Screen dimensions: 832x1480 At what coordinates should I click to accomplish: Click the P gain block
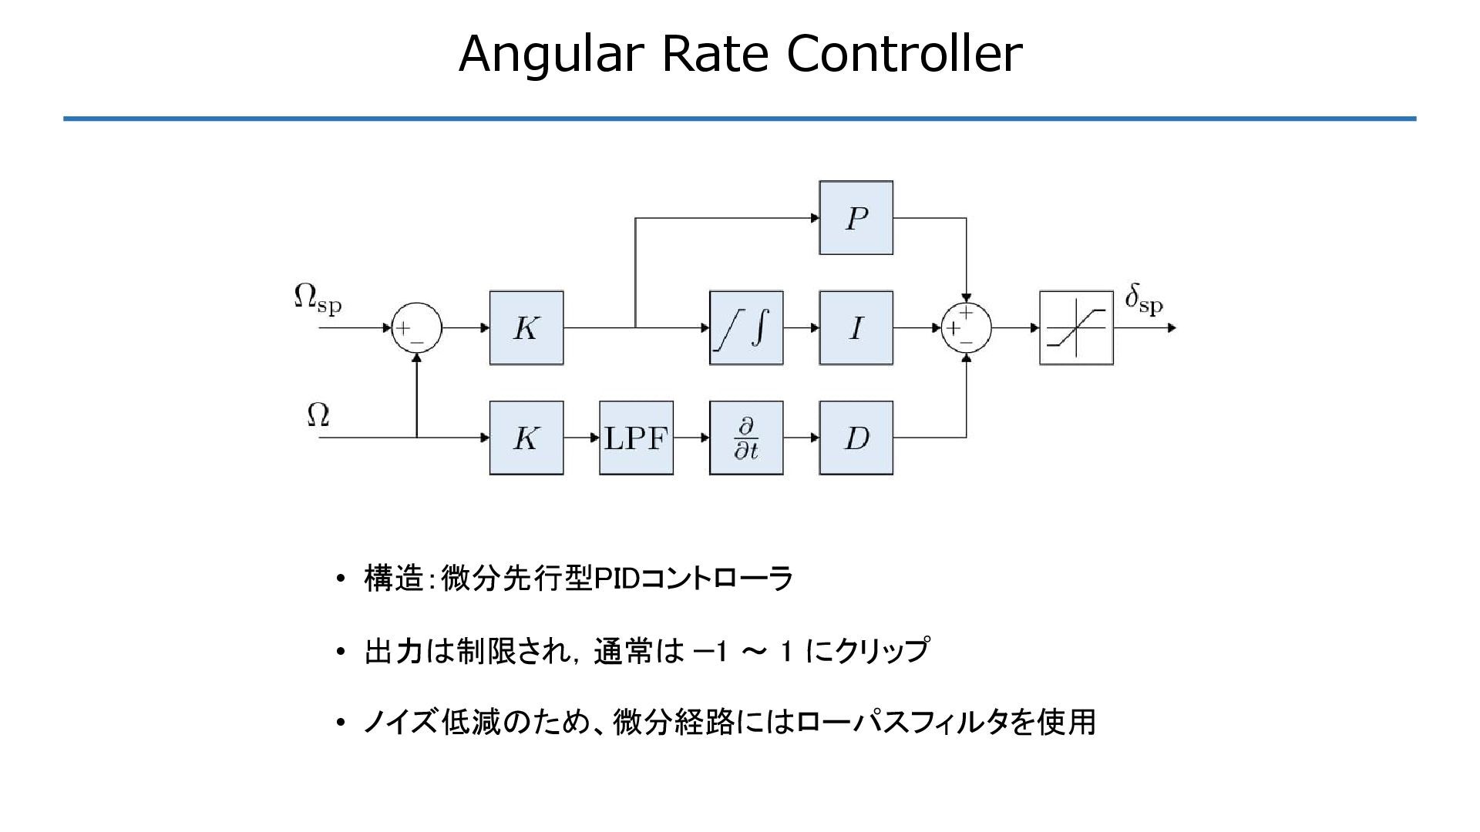pos(856,218)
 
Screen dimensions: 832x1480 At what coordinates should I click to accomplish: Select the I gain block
pos(856,328)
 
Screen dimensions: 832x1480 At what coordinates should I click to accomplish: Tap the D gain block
pos(856,438)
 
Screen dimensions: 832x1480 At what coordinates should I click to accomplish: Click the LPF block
pos(636,438)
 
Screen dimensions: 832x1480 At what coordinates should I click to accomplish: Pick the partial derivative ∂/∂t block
pos(745,438)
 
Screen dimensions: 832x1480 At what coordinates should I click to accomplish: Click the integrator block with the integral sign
pos(745,328)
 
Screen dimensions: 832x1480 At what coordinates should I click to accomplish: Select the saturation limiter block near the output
pos(1076,328)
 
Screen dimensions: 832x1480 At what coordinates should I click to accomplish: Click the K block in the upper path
pos(526,328)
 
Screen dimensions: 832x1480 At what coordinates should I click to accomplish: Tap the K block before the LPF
pos(526,438)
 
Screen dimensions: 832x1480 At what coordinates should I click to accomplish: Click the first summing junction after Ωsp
pos(416,328)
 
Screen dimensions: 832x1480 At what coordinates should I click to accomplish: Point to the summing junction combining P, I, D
pos(966,328)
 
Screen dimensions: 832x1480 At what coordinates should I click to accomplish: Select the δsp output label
pos(1143,299)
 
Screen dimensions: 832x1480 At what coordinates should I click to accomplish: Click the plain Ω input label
pos(318,415)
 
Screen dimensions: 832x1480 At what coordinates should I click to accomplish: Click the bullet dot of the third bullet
pos(341,723)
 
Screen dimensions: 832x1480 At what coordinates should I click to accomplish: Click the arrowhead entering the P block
pos(815,218)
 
